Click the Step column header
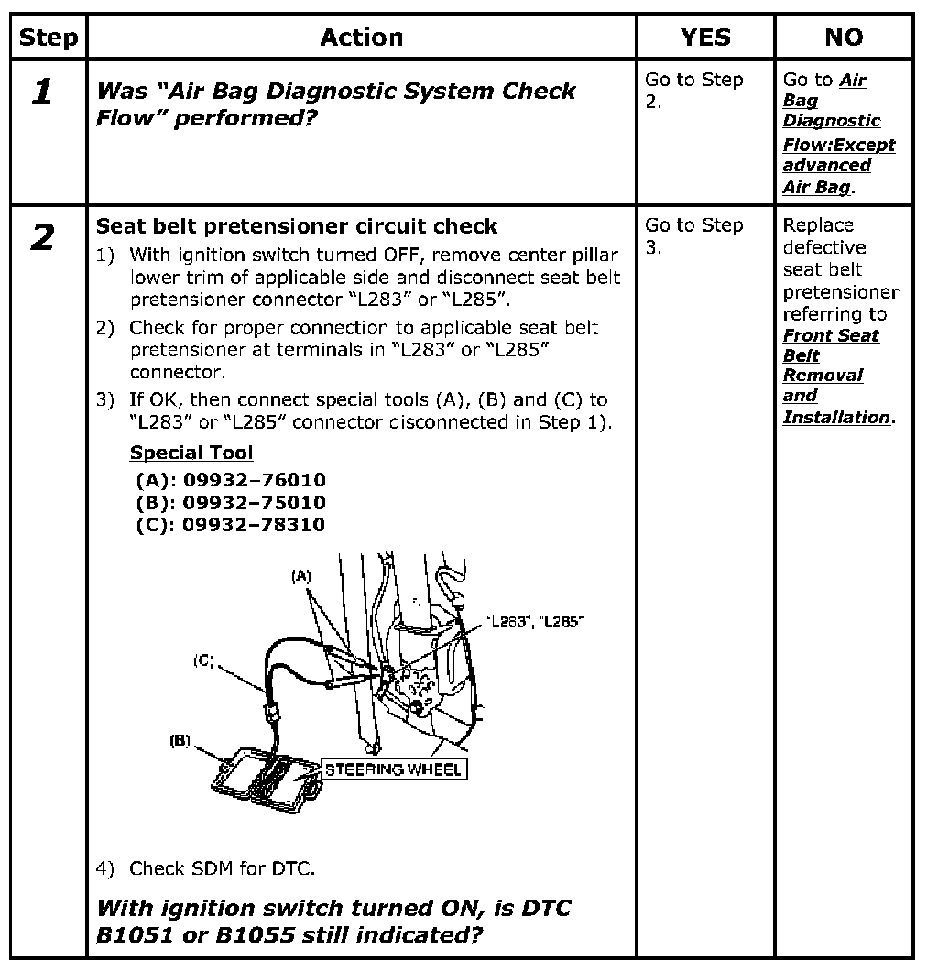point(49,38)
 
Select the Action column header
point(362,38)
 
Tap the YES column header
point(705,38)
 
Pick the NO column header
point(844,38)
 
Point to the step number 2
point(41,238)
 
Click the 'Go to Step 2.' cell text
point(693,90)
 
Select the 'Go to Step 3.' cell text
point(693,235)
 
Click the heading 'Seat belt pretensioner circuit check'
point(297,226)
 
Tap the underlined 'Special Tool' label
point(191,453)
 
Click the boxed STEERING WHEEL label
point(393,769)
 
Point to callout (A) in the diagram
point(301,575)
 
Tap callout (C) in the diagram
point(204,661)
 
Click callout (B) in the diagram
point(179,741)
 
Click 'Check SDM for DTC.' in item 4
point(223,867)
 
